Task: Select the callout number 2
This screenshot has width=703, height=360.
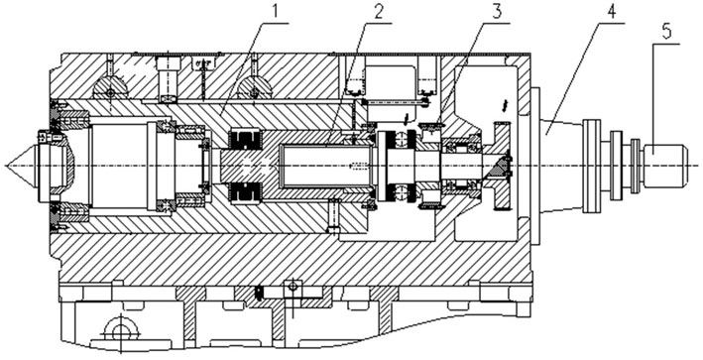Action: [379, 12]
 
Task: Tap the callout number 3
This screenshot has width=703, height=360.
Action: [497, 12]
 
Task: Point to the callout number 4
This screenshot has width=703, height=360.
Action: [612, 12]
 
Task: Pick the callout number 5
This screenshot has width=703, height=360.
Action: [666, 33]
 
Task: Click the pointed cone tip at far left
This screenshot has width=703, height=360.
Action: [7, 166]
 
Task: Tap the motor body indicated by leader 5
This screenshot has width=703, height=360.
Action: [665, 166]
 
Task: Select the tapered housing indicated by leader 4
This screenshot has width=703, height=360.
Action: [561, 166]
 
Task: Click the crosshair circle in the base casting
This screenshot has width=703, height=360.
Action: [121, 333]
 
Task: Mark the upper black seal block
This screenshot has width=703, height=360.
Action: [245, 140]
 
